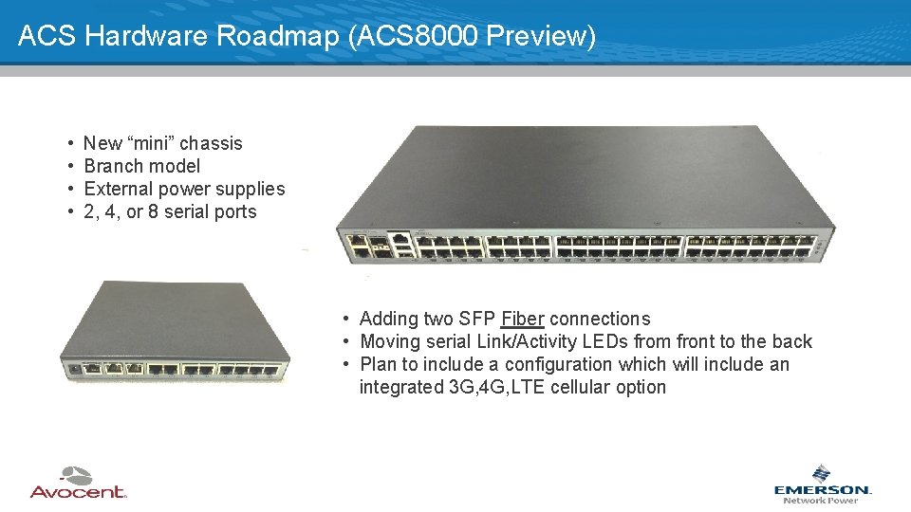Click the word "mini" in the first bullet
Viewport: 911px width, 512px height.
point(150,143)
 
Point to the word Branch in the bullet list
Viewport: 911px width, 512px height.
point(112,166)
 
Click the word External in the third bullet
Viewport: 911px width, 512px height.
point(118,189)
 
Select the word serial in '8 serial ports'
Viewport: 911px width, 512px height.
point(192,211)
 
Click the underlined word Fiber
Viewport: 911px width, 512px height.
point(523,319)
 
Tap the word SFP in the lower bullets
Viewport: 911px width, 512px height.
point(477,319)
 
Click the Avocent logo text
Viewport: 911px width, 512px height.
point(78,491)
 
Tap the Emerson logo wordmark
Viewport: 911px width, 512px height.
point(822,489)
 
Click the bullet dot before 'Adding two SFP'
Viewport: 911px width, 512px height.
point(348,319)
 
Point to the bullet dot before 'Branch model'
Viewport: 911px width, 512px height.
point(72,166)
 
